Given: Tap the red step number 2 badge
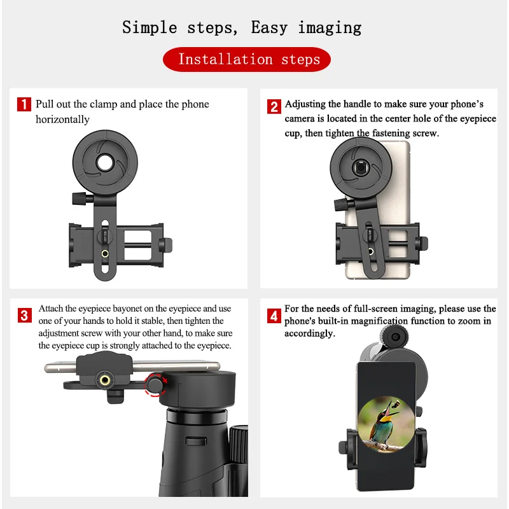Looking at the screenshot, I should (274, 106).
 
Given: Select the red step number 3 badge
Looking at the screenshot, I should (24, 315).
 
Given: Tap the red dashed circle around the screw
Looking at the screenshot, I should (155, 384).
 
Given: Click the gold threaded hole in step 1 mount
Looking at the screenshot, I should (104, 254).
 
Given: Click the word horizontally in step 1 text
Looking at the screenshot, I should (62, 120).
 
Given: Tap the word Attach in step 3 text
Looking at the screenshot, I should (52, 309).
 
